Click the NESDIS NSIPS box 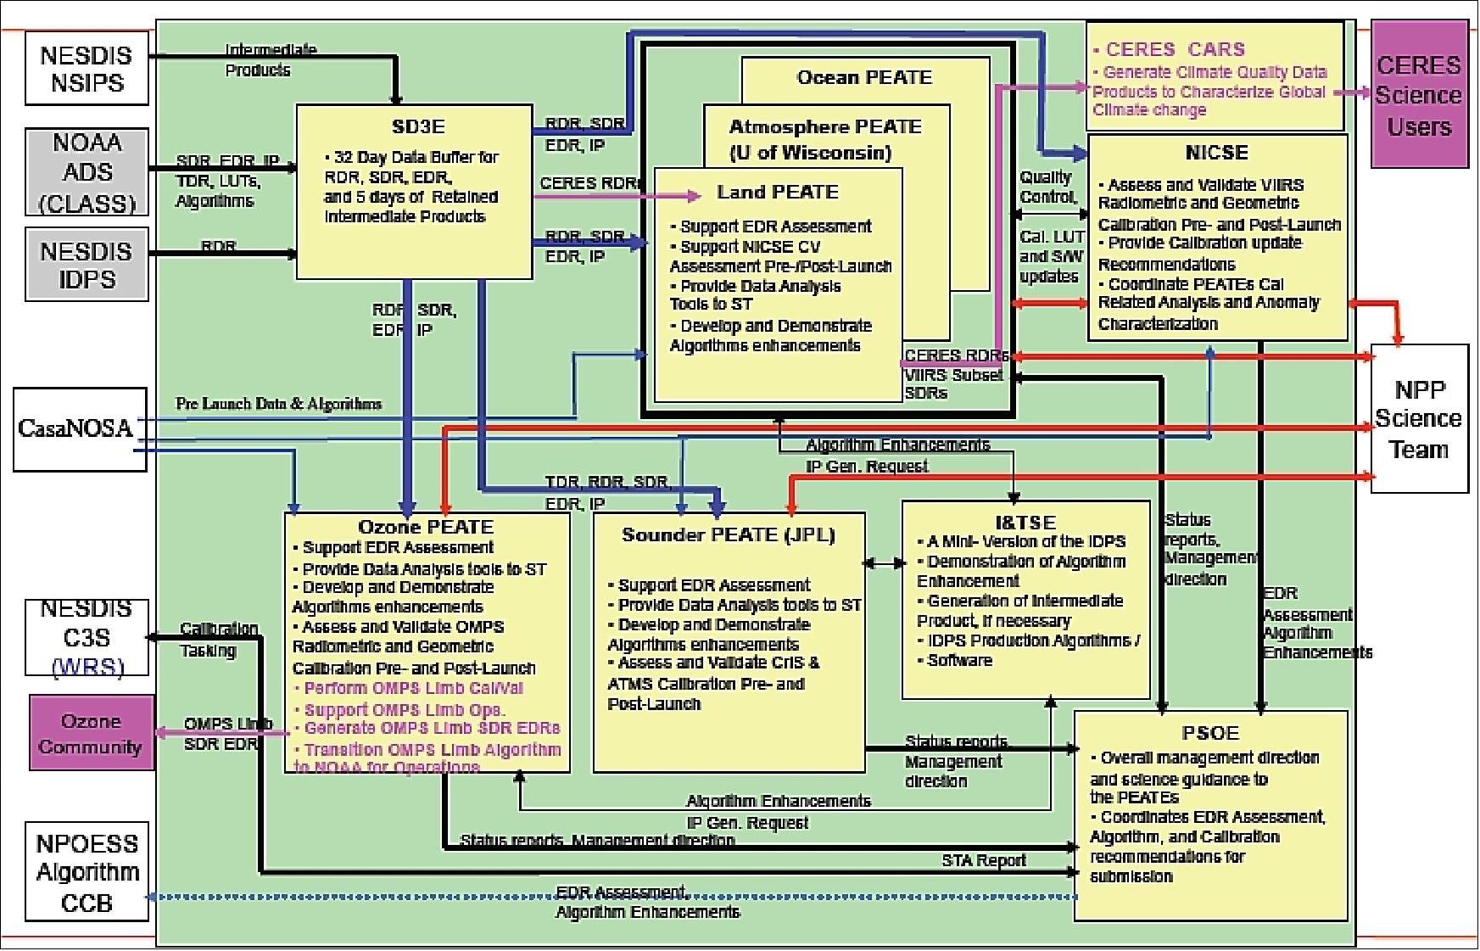87,69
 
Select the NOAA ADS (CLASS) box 87,172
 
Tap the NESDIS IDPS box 87,264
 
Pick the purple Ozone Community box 92,733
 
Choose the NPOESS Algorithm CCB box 87,872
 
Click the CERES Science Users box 1418,95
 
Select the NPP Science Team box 1418,418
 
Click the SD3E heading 418,127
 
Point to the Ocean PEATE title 864,78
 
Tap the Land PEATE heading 777,193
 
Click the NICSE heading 1216,153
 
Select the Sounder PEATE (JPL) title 728,535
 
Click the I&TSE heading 1025,523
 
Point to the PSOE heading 1210,733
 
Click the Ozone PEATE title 426,527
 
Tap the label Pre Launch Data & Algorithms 278,404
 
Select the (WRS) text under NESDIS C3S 87,667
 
